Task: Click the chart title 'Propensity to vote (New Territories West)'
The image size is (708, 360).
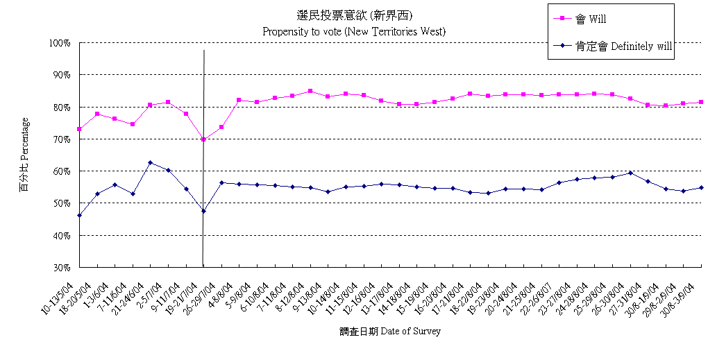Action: pyautogui.click(x=353, y=31)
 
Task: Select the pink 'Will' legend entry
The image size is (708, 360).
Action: pyautogui.click(x=601, y=19)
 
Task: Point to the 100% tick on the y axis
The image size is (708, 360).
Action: pyautogui.click(x=60, y=43)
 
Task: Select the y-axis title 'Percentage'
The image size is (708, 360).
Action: pyautogui.click(x=24, y=154)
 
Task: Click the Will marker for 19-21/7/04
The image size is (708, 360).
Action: pyautogui.click(x=203, y=139)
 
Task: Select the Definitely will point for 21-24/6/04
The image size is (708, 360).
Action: pyautogui.click(x=151, y=162)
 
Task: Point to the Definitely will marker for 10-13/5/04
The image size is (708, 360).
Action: pyautogui.click(x=80, y=215)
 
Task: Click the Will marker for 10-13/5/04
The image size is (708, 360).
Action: pyautogui.click(x=80, y=129)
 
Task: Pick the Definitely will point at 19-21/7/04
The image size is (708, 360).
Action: pyautogui.click(x=203, y=211)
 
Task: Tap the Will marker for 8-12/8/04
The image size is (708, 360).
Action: pyautogui.click(x=310, y=91)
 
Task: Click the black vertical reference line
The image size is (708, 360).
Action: pyautogui.click(x=203, y=173)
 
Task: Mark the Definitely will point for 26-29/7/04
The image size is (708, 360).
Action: pyautogui.click(x=221, y=182)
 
